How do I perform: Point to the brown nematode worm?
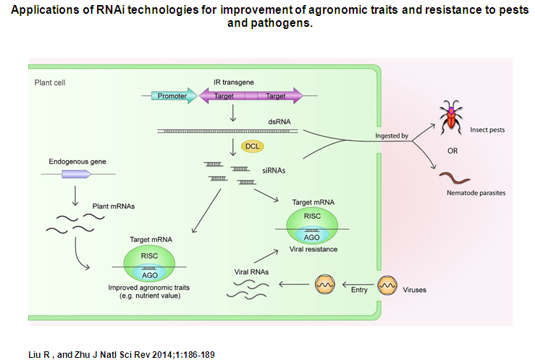point(453,176)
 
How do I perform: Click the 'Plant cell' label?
point(50,83)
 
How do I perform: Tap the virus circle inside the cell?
point(323,284)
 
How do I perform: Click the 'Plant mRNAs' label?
point(111,206)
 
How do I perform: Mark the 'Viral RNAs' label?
point(251,271)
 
